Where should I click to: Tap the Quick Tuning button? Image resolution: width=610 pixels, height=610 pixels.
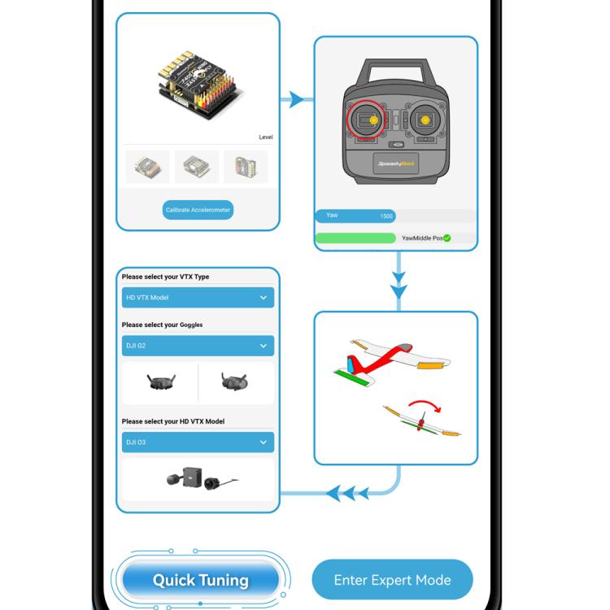click(200, 581)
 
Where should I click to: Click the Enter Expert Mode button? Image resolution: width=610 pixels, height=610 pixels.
click(392, 580)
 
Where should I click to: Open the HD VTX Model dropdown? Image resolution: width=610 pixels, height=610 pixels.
click(198, 298)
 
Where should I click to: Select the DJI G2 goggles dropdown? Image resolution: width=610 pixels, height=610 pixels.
click(198, 346)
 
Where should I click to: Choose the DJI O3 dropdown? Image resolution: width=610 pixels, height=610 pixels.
click(198, 442)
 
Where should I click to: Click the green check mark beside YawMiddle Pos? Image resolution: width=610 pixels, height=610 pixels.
click(447, 238)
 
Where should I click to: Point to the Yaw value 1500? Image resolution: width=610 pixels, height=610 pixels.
click(386, 216)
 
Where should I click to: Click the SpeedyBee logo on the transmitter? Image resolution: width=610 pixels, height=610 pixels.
click(395, 163)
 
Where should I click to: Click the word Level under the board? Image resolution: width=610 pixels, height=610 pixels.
click(265, 137)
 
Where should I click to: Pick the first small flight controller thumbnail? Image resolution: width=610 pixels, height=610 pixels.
click(148, 166)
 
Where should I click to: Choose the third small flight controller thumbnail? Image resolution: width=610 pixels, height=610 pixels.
click(246, 166)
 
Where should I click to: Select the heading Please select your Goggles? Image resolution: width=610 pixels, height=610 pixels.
click(163, 325)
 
